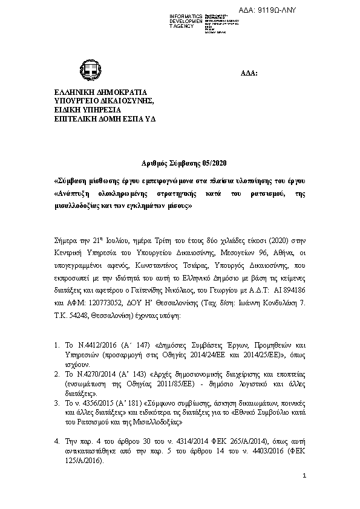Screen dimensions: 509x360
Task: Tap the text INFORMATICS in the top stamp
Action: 186,15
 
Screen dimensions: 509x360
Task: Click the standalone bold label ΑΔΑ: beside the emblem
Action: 250,73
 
